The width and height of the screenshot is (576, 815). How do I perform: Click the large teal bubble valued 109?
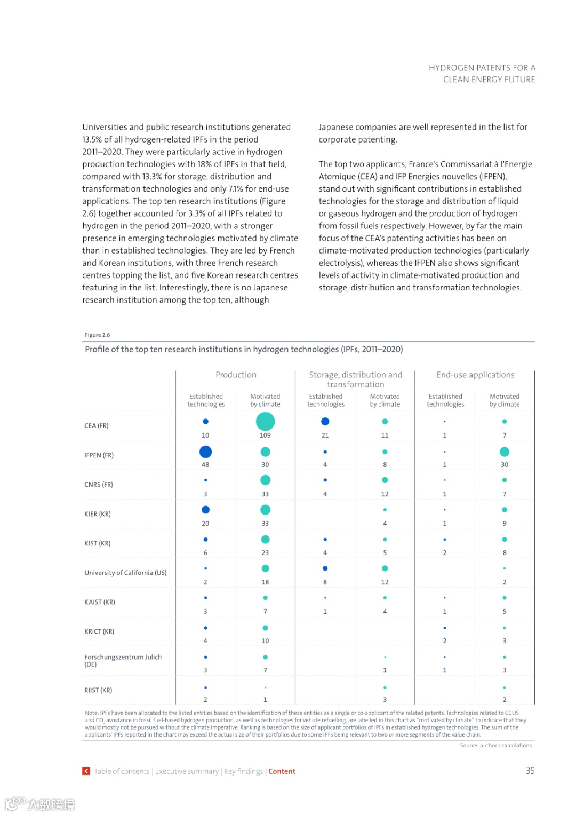pos(265,422)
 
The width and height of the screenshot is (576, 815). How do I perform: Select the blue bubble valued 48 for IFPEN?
pos(205,452)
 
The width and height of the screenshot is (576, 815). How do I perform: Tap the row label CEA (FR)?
pos(97,426)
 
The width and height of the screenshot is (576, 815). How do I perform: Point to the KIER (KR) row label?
pos(98,514)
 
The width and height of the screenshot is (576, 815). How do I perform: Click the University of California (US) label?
pos(125,573)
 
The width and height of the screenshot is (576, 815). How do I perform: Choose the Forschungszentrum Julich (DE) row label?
pos(123,661)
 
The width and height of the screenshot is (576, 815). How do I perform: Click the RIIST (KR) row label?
pos(98,690)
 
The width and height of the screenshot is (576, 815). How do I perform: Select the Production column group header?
pos(236,375)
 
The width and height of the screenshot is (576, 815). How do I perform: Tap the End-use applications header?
pos(475,375)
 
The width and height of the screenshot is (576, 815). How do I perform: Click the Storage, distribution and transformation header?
pos(356,379)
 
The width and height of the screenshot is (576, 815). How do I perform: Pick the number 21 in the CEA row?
pos(325,436)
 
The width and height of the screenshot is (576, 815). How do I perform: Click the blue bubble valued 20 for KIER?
pos(205,510)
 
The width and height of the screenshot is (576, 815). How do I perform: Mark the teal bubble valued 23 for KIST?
pos(265,540)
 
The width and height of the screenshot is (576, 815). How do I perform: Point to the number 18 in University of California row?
pos(265,582)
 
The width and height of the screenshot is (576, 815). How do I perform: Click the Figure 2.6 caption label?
pos(97,335)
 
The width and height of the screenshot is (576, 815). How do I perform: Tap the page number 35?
pos(530,771)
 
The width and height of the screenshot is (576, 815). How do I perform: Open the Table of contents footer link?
pos(122,771)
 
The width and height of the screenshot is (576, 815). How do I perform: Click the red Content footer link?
pos(282,771)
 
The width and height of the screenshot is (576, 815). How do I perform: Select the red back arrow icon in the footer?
pos(86,771)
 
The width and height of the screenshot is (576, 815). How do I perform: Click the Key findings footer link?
pos(243,771)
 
